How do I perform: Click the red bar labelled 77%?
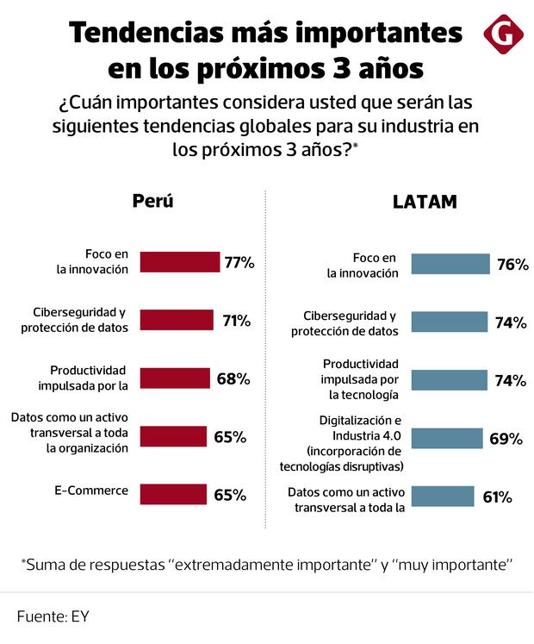(179, 262)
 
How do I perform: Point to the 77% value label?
(239, 263)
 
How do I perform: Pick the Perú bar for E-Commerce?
(173, 494)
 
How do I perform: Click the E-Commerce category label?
(90, 491)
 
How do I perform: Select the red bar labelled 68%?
(175, 378)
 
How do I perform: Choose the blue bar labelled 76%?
(450, 264)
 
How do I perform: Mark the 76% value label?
(512, 265)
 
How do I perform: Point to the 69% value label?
(506, 439)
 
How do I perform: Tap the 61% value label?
(497, 497)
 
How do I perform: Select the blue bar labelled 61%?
(443, 496)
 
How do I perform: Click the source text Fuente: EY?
(53, 617)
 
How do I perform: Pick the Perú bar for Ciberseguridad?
(176, 321)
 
